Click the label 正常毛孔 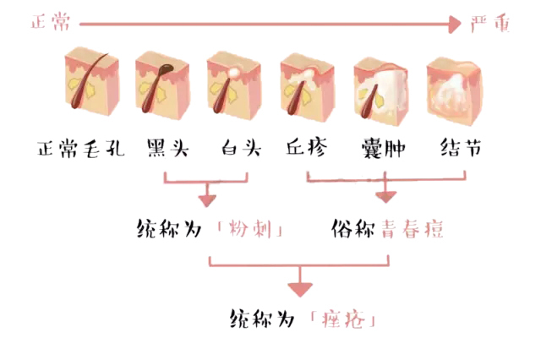(81, 150)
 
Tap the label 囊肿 (382, 150)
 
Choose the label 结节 (462, 150)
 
